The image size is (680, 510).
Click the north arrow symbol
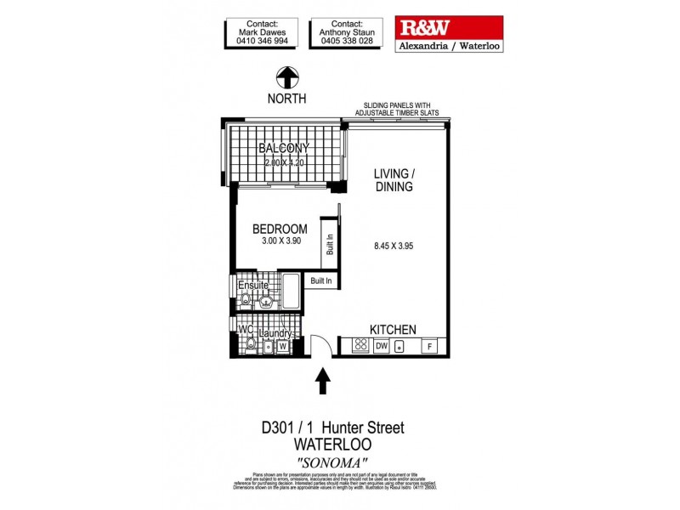tap(288, 78)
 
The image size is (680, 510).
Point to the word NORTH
tap(288, 99)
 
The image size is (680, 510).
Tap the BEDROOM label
tap(280, 229)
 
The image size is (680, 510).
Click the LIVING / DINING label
tap(394, 180)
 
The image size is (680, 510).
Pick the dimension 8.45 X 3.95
tap(394, 247)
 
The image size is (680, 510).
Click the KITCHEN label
tap(392, 330)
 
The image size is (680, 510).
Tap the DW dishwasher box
tap(382, 347)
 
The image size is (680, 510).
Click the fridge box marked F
tap(431, 347)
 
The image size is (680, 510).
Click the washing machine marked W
tap(281, 347)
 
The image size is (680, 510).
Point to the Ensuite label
tap(252, 286)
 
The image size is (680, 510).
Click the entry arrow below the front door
tap(323, 382)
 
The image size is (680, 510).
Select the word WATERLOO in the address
tap(332, 444)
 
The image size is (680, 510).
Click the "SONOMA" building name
tap(332, 462)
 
